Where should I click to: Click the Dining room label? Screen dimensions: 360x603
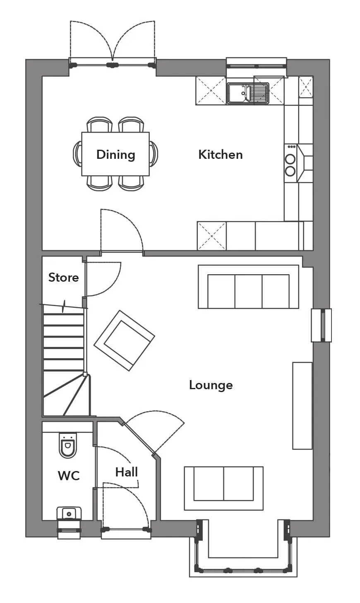(x=116, y=155)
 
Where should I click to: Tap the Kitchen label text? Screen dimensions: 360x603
(x=221, y=155)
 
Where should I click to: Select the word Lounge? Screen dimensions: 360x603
(x=211, y=385)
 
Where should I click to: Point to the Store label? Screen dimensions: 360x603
(x=64, y=278)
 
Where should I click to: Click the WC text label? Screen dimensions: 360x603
(x=69, y=476)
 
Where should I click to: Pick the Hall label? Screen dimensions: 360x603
(x=127, y=472)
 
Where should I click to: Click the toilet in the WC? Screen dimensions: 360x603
(x=68, y=445)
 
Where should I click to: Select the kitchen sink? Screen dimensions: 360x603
(x=248, y=93)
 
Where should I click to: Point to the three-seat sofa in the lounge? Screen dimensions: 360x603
(x=248, y=287)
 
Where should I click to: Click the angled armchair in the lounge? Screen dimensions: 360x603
(x=124, y=340)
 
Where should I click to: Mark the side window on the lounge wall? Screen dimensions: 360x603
(x=321, y=325)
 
